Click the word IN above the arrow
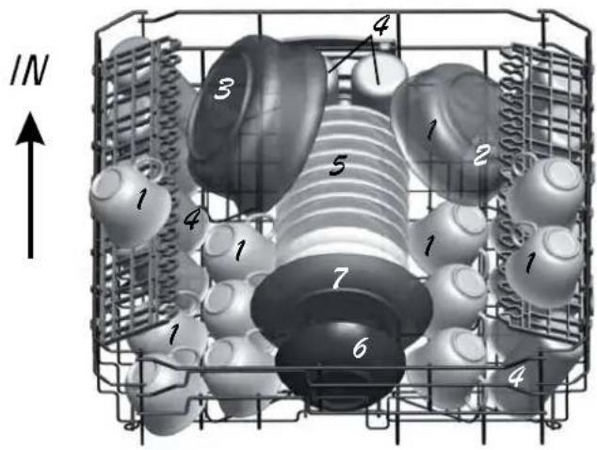(x=29, y=70)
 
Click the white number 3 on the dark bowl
(x=223, y=88)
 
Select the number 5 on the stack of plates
(x=338, y=166)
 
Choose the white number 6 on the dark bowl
(x=361, y=347)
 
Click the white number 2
(x=481, y=155)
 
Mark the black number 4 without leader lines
(x=192, y=219)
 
